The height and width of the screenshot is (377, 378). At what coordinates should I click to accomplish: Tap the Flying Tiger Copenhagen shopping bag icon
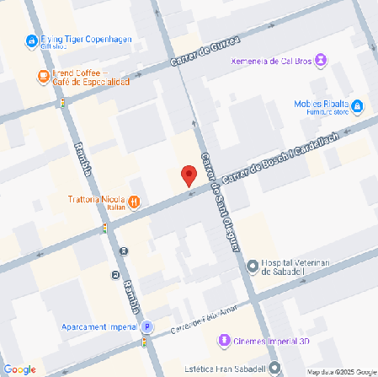32,40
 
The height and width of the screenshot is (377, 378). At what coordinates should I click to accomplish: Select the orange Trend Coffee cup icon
42,77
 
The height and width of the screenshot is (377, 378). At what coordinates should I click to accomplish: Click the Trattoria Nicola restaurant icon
135,202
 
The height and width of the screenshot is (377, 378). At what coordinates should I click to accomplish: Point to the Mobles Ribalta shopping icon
357,106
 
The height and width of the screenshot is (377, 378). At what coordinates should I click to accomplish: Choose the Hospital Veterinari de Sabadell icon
253,267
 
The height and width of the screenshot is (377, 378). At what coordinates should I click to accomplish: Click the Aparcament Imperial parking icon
147,326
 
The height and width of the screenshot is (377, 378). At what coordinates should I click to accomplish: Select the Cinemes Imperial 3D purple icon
224,341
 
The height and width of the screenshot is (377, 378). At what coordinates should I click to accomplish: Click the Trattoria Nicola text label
97,201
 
